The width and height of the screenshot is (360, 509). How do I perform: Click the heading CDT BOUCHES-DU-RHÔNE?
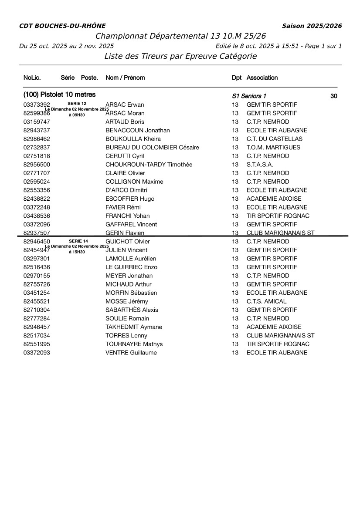62,26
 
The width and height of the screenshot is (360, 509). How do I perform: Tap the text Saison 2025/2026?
312,26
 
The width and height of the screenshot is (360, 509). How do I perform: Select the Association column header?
262,78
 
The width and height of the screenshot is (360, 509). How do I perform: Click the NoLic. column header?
32,78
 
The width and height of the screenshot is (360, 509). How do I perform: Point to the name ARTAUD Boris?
125,122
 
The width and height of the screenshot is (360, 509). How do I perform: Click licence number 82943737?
37,130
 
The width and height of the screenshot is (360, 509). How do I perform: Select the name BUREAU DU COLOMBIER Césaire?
152,148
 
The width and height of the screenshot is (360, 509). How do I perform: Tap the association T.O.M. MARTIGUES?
273,148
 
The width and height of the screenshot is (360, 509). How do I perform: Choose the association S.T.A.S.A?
260,165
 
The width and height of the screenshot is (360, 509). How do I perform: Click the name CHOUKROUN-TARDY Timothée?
149,165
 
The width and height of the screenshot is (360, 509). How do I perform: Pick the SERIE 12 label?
77,104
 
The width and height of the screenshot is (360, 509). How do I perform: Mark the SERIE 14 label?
78,241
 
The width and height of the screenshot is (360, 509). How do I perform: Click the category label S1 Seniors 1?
249,96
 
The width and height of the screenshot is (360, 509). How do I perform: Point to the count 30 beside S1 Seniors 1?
333,96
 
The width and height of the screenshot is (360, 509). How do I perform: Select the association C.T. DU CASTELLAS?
274,139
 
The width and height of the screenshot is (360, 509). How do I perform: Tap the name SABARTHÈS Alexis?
132,310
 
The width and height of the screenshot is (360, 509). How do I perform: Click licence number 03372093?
37,353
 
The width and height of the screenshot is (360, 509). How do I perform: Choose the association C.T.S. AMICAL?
266,301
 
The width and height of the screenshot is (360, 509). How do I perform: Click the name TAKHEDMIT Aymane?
133,327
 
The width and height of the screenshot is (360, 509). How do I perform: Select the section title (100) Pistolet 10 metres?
59,94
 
